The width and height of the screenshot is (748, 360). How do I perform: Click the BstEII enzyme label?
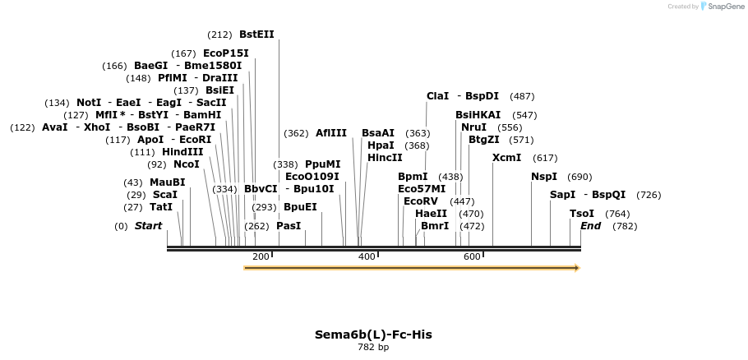[256, 35]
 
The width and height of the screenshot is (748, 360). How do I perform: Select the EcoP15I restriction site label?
[225, 53]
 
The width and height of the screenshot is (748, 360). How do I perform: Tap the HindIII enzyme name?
[182, 152]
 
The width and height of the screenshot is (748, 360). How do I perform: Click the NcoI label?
[186, 164]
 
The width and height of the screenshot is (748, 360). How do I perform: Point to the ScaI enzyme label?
[164, 195]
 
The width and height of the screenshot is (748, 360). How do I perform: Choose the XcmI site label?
[506, 158]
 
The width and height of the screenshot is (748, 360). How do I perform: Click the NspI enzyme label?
[544, 177]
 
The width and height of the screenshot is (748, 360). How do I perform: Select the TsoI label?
[582, 214]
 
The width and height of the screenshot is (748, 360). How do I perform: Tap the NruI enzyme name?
[473, 127]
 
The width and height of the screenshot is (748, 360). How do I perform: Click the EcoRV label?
[421, 201]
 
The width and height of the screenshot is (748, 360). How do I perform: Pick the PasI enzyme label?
[289, 226]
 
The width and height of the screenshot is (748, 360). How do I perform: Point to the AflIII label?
[331, 133]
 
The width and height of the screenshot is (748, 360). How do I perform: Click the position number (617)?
[545, 158]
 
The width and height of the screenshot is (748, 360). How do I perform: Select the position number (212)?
[219, 35]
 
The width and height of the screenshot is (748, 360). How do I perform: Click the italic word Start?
[148, 226]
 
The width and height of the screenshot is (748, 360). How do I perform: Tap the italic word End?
[590, 226]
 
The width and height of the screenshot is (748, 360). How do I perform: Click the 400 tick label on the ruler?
[367, 257]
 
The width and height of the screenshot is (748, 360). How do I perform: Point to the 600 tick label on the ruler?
[472, 257]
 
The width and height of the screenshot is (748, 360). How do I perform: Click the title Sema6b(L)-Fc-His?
[373, 335]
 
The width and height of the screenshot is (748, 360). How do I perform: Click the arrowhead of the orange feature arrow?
[577, 268]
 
